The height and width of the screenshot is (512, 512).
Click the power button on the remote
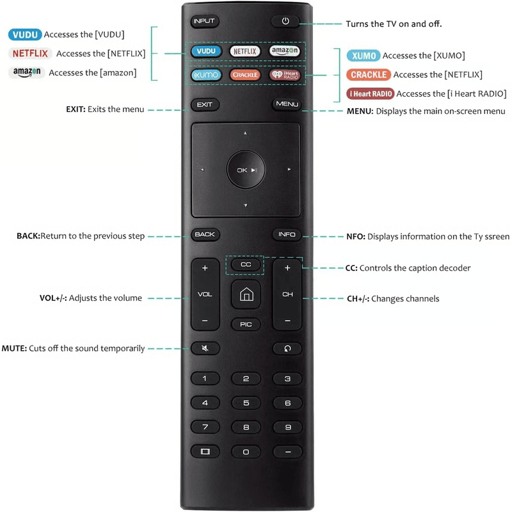tap(285, 21)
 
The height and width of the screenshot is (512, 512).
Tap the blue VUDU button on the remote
tap(205, 51)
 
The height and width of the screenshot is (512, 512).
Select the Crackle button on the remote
tap(246, 75)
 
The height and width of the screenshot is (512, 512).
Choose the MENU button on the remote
tap(287, 104)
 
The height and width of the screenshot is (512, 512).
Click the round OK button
tap(246, 170)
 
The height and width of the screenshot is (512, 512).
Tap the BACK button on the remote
tap(205, 234)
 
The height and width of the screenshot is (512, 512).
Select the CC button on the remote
tap(246, 264)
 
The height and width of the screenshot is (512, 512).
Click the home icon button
tap(246, 294)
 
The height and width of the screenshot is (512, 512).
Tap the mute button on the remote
tap(205, 348)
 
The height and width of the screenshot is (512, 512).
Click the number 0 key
tap(246, 452)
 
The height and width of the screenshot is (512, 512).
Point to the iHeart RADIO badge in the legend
tap(370, 93)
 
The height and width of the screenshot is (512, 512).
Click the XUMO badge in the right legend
tap(362, 56)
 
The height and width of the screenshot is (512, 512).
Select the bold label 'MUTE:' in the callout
tap(14, 349)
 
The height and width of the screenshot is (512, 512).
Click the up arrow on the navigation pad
tap(245, 134)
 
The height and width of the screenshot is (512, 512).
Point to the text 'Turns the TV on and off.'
tap(394, 24)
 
